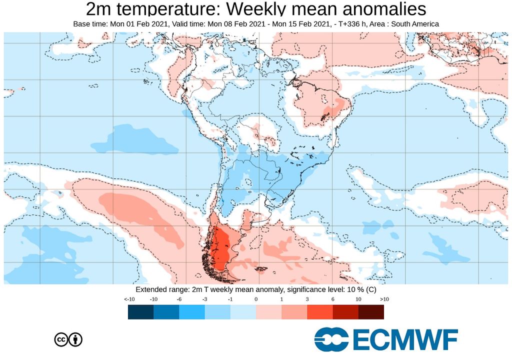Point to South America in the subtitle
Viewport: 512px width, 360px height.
click(413, 24)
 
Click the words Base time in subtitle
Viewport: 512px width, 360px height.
click(89, 24)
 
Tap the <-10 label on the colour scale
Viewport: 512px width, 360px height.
click(129, 299)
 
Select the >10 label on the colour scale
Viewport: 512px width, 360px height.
click(384, 299)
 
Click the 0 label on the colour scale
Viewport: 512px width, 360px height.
click(256, 299)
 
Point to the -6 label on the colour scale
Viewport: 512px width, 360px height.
click(179, 299)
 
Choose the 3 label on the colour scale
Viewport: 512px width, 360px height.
click(307, 299)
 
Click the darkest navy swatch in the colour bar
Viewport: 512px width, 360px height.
click(140, 312)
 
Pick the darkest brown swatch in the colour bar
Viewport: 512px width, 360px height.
click(371, 312)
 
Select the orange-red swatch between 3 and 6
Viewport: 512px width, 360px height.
click(319, 312)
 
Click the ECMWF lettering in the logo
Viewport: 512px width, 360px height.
click(405, 340)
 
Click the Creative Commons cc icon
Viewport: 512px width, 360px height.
click(61, 339)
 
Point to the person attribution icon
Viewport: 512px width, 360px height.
click(75, 339)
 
